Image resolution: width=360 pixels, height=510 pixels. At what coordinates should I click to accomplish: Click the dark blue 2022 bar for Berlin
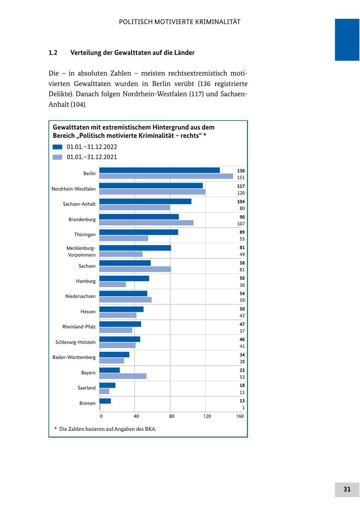click(159, 170)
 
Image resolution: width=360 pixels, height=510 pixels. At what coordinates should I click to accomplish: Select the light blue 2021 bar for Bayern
click(122, 376)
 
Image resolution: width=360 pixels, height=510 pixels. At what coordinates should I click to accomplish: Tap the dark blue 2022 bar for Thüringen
click(138, 232)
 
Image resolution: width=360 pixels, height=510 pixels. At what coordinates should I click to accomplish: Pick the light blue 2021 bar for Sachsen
click(135, 269)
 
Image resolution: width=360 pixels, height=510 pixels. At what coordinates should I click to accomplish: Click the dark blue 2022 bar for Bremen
click(105, 401)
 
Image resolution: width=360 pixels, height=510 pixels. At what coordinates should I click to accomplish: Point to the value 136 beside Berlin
click(240, 171)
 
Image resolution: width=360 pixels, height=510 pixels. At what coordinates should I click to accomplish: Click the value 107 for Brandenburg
click(240, 224)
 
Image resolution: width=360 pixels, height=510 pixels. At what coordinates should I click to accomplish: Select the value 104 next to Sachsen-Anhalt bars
click(240, 202)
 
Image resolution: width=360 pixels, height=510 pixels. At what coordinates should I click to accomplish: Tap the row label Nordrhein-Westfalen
click(74, 189)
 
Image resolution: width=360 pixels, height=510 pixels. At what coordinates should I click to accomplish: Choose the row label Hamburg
click(86, 281)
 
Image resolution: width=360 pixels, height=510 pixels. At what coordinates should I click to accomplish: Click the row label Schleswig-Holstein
click(76, 342)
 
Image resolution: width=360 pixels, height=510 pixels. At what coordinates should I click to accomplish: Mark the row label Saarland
click(86, 388)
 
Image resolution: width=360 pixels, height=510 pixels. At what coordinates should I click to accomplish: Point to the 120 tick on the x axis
click(207, 416)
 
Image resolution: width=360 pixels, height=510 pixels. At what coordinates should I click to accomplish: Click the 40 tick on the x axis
click(136, 416)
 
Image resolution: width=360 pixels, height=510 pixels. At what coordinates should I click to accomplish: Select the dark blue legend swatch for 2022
click(58, 147)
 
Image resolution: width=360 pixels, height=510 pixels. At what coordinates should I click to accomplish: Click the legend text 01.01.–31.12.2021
click(92, 157)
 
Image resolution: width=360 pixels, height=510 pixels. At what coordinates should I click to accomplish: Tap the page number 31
click(347, 489)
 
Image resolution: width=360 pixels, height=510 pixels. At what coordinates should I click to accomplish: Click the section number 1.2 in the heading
click(53, 53)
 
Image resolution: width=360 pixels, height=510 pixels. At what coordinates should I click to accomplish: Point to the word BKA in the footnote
click(150, 429)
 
